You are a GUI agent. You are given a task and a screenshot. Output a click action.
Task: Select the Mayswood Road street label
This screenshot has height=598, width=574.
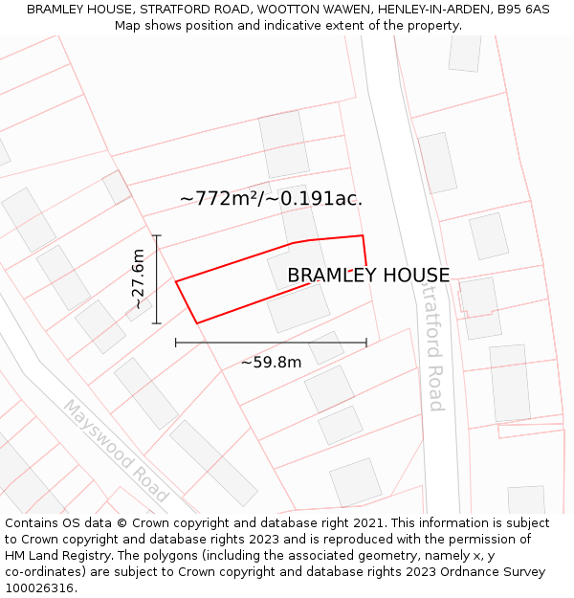(116, 451)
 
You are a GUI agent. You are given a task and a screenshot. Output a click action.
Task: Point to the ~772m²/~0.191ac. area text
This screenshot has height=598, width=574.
(271, 199)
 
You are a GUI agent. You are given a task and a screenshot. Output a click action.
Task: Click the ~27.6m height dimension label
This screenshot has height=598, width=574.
(138, 278)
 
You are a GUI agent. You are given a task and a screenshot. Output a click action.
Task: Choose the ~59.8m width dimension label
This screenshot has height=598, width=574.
(271, 363)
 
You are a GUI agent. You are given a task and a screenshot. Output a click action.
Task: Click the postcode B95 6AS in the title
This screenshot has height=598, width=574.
(523, 10)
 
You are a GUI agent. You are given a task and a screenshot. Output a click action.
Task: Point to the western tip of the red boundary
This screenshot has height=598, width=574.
(176, 281)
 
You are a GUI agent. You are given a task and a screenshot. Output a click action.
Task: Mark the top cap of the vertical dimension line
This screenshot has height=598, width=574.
(157, 235)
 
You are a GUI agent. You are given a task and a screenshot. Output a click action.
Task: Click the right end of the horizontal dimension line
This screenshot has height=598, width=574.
(366, 343)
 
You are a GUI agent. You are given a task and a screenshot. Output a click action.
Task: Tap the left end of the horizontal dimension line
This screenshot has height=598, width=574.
(176, 343)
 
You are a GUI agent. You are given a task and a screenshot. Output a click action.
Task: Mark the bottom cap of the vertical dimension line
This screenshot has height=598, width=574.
(157, 323)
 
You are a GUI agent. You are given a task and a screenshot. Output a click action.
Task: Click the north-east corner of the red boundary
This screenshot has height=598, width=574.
(363, 235)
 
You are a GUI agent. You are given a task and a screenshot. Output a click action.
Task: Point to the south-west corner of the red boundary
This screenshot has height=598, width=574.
(197, 323)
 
